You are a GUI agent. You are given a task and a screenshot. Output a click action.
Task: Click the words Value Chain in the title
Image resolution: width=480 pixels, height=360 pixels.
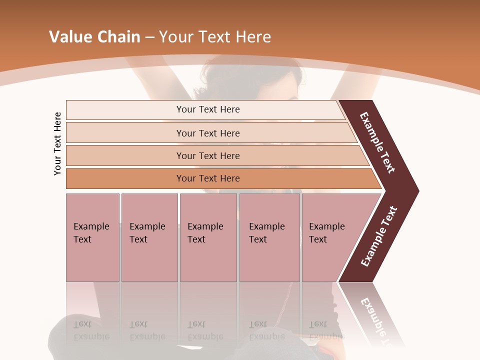94,37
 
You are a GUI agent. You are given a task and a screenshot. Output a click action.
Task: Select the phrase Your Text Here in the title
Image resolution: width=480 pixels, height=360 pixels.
215,37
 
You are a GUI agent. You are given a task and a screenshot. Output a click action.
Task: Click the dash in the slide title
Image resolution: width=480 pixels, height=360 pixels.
149,37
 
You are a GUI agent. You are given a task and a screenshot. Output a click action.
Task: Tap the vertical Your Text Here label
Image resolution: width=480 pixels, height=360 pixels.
57,144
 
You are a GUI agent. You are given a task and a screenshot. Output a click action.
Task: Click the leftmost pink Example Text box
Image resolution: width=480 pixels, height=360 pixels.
92,237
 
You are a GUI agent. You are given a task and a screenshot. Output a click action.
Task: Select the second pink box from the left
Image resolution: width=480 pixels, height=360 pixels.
149,237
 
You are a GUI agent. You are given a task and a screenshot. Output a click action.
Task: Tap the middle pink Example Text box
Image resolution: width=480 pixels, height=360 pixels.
208,237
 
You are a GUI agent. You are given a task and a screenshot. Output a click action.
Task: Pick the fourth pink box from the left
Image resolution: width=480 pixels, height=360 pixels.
269,237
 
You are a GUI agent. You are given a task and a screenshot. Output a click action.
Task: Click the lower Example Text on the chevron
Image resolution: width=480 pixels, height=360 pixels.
379,236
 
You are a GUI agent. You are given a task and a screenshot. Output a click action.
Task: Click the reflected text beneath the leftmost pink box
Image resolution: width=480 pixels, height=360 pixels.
91,330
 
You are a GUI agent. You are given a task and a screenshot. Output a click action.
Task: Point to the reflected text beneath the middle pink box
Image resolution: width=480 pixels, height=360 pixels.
205,330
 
